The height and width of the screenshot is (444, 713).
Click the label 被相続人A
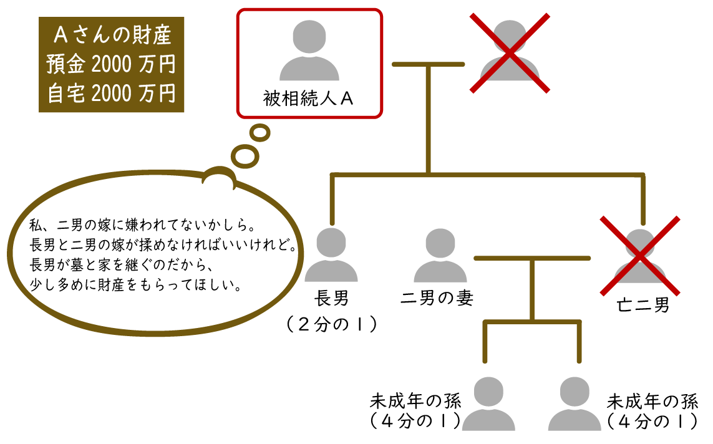[308, 99]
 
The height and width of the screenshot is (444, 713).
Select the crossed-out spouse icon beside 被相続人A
[510, 53]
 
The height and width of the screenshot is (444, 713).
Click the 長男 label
[332, 298]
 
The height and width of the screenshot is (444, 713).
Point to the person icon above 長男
[331, 256]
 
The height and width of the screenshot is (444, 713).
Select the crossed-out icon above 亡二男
[640, 256]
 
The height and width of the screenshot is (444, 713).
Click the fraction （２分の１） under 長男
[332, 324]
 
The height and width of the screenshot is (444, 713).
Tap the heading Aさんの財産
[111, 35]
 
